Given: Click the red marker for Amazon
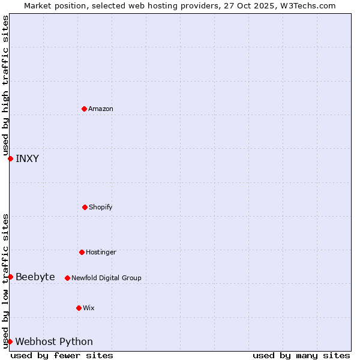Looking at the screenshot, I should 84,109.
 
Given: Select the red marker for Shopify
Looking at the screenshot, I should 85,207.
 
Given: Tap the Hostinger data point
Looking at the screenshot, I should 82,252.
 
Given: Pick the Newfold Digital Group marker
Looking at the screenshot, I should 67,278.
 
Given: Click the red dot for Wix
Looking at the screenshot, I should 79,308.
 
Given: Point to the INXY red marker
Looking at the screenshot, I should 10,158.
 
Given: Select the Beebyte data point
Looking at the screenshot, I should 10,277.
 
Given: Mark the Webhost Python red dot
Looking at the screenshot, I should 10,341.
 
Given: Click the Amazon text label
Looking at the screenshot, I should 101,109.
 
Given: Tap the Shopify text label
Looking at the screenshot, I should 101,207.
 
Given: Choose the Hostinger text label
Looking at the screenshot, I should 101,252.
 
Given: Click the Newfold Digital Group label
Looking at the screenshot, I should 106,278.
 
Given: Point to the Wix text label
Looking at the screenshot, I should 89,308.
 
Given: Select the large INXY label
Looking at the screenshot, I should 27,158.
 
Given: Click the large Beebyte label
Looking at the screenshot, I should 35,277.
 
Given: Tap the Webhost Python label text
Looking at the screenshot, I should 54,341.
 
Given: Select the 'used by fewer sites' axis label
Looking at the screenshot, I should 62,355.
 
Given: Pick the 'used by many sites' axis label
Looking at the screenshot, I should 301,355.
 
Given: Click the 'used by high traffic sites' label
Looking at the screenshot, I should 5,85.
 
